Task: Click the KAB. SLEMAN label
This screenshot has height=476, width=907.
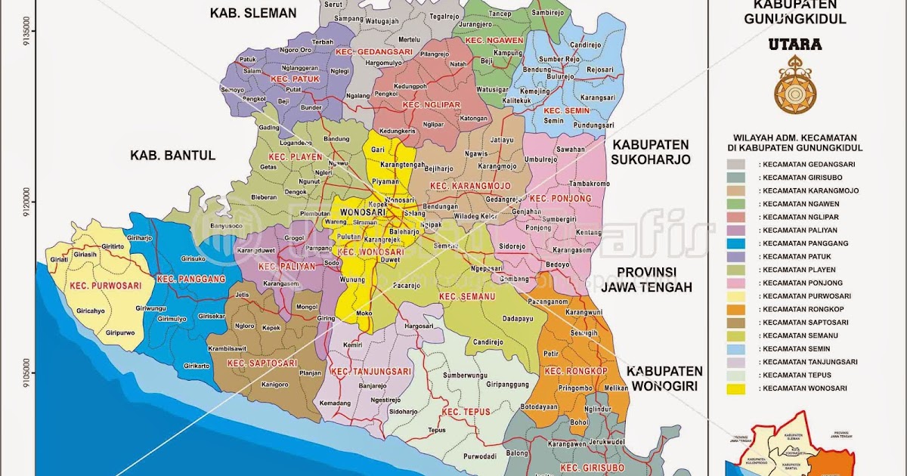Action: coord(253,13)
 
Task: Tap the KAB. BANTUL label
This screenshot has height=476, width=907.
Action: coord(173,155)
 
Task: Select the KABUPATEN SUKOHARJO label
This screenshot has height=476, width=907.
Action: coord(651,152)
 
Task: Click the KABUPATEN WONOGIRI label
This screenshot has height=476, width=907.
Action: coord(664,379)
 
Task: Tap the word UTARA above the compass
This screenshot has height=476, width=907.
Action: coord(795,45)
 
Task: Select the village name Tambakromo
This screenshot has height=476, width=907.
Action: coord(589,184)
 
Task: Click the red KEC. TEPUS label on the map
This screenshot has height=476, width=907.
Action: coord(466,412)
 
